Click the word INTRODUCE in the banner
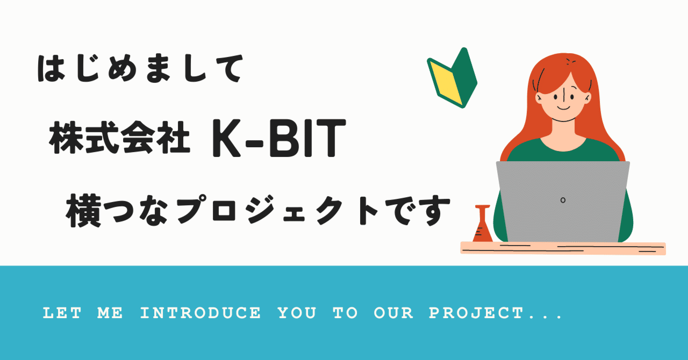coord(200,313)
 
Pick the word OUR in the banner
coord(393,313)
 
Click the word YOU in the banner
coord(297,313)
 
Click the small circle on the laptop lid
coord(563,200)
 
